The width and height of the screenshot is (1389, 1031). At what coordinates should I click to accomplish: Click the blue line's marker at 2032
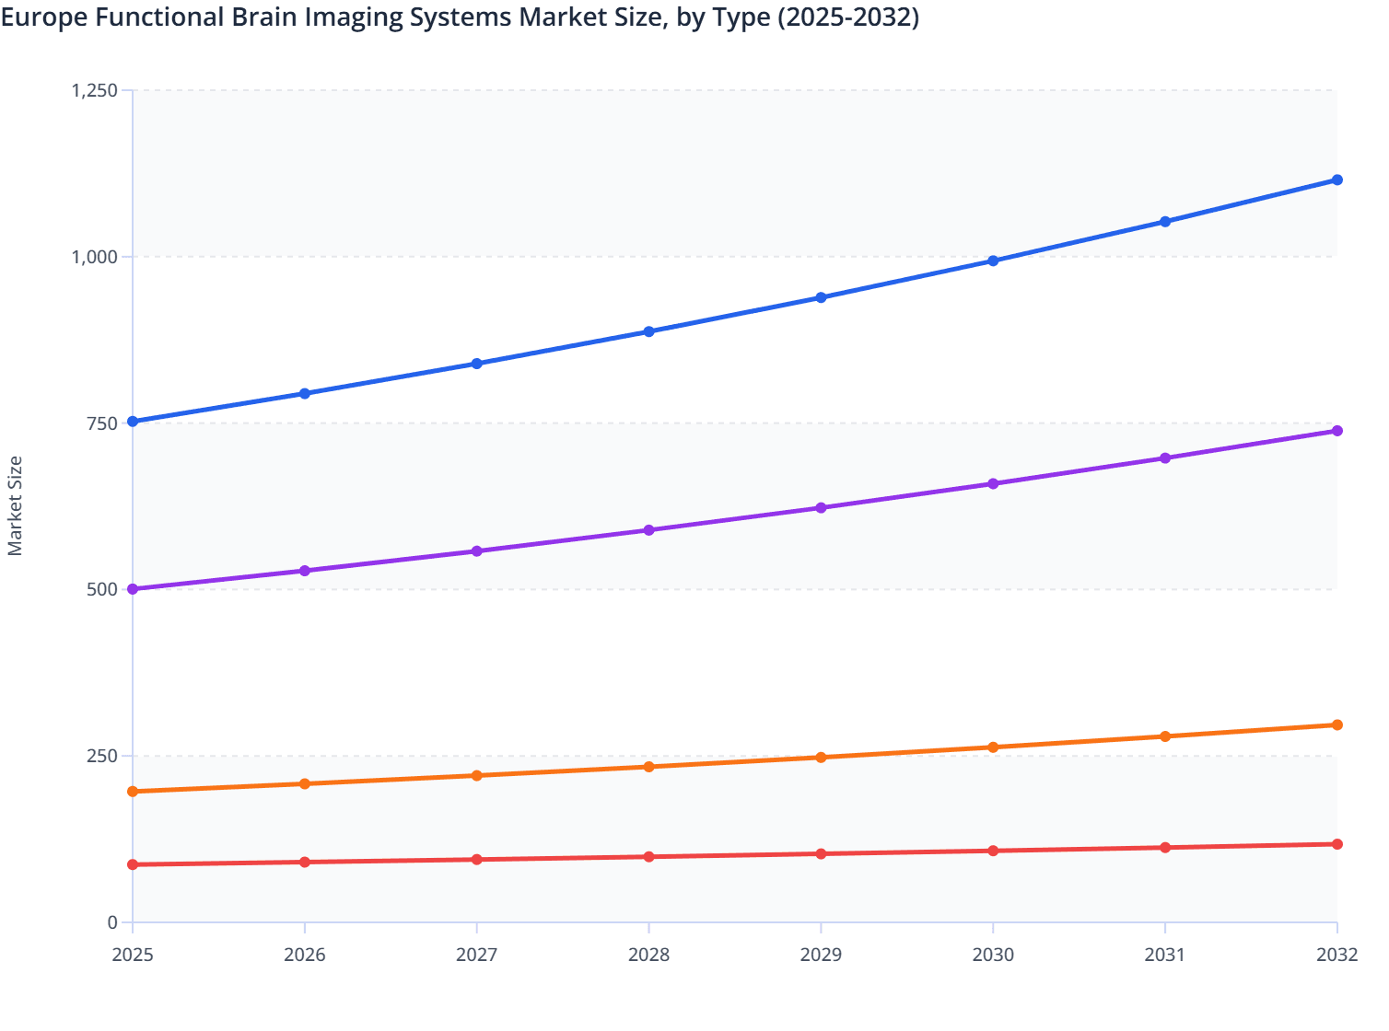pos(1336,180)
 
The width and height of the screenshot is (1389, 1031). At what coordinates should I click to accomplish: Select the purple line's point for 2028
pos(648,530)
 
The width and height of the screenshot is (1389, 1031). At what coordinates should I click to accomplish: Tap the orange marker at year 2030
pos(993,747)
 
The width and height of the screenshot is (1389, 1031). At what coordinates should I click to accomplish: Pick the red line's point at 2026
pos(305,863)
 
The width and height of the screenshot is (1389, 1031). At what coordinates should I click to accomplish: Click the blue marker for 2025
pos(133,422)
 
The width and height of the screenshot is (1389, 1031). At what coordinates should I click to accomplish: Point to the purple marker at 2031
pos(1165,458)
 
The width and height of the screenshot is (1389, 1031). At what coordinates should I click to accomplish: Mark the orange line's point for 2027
pos(477,776)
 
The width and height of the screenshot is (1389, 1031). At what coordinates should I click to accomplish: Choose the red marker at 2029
pos(821,854)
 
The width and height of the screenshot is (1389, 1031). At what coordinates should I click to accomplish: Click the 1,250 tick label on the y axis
pos(94,90)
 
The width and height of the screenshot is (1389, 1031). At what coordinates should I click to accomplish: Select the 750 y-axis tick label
pos(102,423)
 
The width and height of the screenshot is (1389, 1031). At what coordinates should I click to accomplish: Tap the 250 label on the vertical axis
pos(102,756)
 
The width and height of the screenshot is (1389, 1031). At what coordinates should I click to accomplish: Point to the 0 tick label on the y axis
pos(112,922)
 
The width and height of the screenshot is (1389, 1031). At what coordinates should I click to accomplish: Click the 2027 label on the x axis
pos(477,955)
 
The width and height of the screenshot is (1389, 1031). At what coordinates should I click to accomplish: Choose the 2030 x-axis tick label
pos(993,955)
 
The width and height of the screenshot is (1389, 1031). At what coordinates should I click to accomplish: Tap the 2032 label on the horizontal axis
pos(1336,955)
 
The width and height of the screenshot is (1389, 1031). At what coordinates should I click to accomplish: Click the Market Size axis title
pos(15,506)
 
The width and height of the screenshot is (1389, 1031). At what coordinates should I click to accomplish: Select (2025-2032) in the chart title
pos(848,17)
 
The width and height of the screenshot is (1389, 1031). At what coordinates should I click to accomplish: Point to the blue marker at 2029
pos(821,297)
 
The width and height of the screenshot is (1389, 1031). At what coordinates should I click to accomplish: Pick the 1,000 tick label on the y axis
pos(94,257)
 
